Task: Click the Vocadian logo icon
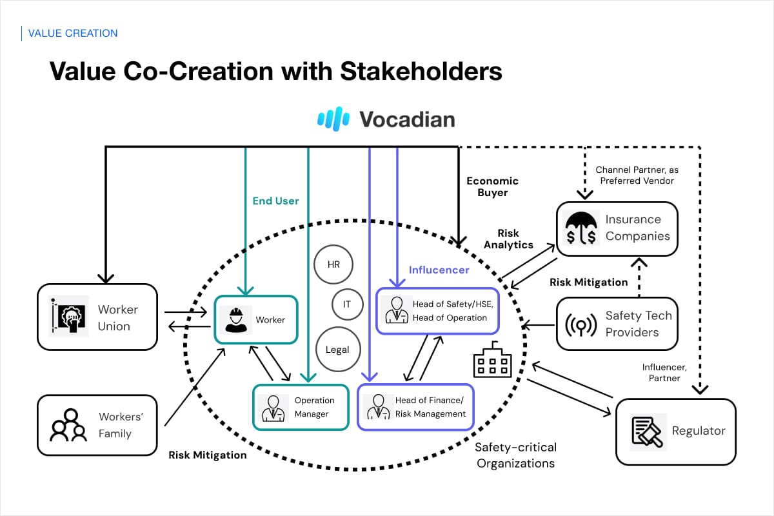coord(333,119)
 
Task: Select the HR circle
coord(333,264)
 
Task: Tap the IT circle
coord(347,304)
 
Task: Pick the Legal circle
coord(337,350)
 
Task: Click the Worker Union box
coord(97,317)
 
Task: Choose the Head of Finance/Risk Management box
coord(415,407)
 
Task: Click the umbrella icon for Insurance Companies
coord(580,228)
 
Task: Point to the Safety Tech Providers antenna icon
coord(580,324)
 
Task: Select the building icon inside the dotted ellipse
coord(492,361)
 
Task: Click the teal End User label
coord(275,201)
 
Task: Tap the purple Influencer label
coord(439,270)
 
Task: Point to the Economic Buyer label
coord(492,186)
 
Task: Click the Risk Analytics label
coord(508,239)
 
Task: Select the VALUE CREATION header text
coord(73,33)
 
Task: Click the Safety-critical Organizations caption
coord(515,455)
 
